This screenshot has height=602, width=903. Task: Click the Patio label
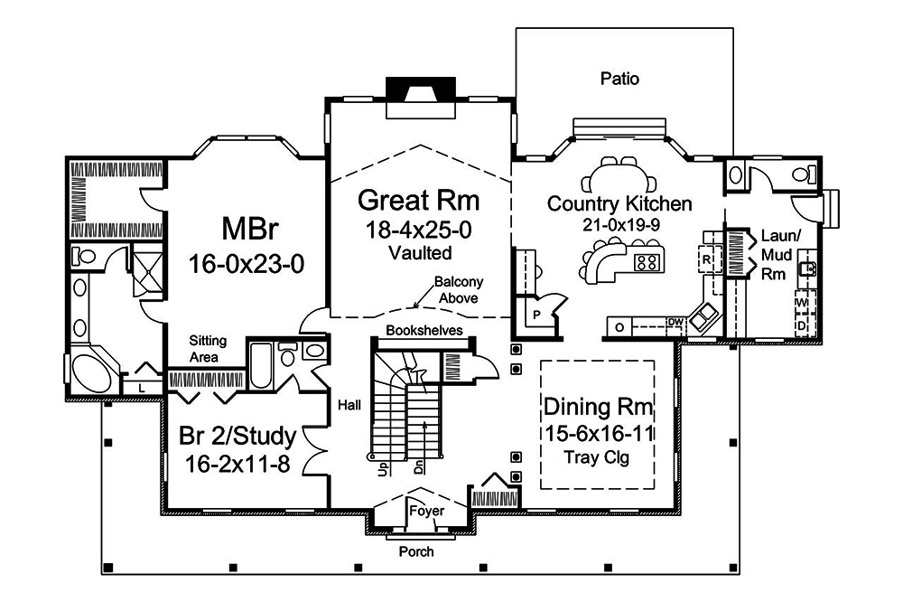[x=619, y=80]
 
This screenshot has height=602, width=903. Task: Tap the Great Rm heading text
[x=419, y=200]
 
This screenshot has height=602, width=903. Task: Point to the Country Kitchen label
[x=619, y=203]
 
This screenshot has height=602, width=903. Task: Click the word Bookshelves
[x=424, y=331]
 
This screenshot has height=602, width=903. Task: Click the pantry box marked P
[x=536, y=315]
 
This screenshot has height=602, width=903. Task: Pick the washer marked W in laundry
[x=801, y=302]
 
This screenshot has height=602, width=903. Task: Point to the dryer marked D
[x=801, y=323]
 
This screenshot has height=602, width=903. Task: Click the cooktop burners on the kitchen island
[x=647, y=263]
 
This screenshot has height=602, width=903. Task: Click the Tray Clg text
[x=597, y=457]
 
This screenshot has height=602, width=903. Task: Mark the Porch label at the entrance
[x=416, y=551]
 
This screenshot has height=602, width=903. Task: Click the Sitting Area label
[x=208, y=349]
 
